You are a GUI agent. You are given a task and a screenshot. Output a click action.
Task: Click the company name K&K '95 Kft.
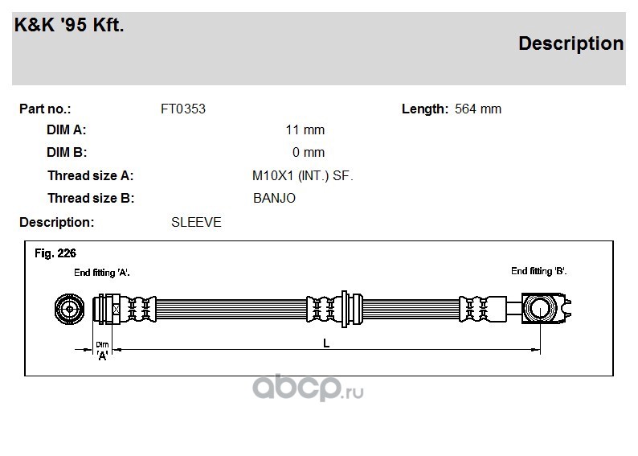point(69,25)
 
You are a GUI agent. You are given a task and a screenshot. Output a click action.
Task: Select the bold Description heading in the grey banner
point(571,43)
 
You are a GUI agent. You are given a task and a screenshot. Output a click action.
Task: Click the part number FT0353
point(183,109)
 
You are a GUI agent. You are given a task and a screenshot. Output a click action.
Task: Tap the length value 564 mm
point(478,109)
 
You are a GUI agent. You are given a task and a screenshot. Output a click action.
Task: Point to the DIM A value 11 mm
point(305,129)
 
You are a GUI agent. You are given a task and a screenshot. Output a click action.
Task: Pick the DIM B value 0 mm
point(309,152)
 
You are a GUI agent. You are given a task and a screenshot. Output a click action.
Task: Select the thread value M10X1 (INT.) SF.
point(303,176)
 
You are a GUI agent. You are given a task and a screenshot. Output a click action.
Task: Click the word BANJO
point(274,199)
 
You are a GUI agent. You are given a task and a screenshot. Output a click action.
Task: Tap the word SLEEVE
point(196,222)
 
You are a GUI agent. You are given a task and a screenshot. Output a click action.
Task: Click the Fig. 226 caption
point(55,253)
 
